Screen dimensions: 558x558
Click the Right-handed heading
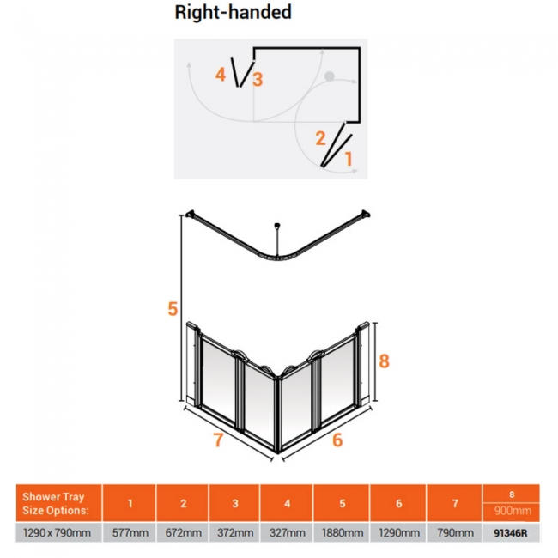click(x=234, y=13)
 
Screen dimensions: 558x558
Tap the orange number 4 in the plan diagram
click(x=221, y=75)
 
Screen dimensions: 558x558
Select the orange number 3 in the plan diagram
click(x=258, y=79)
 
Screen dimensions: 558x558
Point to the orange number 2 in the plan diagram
click(x=320, y=138)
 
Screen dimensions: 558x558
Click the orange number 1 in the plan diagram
click(x=349, y=159)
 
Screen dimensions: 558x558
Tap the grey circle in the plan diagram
click(x=330, y=76)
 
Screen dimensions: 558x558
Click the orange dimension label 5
click(x=173, y=308)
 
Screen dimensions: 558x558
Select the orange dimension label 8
click(x=384, y=361)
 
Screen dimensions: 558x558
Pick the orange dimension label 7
click(x=219, y=440)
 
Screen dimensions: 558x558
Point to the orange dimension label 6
click(x=337, y=440)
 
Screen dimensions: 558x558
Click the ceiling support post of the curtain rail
click(x=277, y=240)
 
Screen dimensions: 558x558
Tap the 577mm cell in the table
click(x=130, y=533)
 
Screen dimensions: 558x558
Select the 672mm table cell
click(x=183, y=533)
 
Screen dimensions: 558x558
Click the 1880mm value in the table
click(x=343, y=533)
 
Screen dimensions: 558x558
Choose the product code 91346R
click(x=511, y=533)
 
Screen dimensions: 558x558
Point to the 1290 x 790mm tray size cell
click(x=57, y=533)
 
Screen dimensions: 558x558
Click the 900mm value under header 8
click(x=513, y=511)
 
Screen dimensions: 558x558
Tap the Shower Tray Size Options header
click(x=54, y=503)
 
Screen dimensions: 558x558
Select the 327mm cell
click(x=288, y=533)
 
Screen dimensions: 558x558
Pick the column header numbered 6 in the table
click(x=398, y=503)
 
